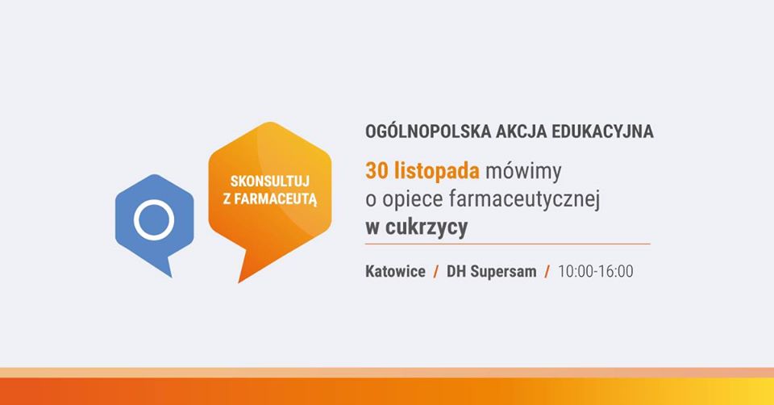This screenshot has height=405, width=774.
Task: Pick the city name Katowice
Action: (x=395, y=271)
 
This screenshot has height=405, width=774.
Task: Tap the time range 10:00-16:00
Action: (x=596, y=271)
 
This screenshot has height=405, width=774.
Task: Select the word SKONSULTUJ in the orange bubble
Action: (x=270, y=182)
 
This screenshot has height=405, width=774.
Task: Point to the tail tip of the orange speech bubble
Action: (x=239, y=282)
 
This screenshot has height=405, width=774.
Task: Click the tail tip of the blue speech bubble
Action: (x=171, y=277)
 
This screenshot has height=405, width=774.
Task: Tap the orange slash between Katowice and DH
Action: (x=436, y=271)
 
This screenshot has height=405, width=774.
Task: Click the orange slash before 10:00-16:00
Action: (x=547, y=271)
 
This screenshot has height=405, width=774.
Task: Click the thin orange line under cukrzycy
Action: (x=507, y=244)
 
